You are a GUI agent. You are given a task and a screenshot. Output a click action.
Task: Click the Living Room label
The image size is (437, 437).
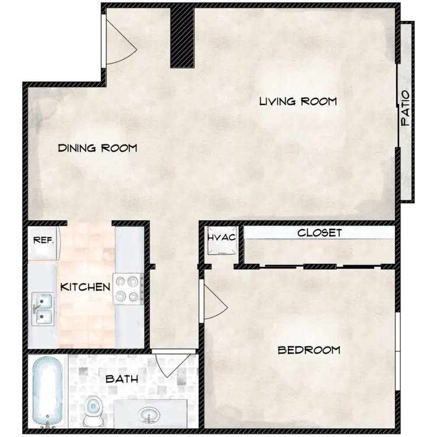pyautogui.click(x=298, y=101)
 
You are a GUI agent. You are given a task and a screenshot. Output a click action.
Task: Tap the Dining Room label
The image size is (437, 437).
pyautogui.click(x=97, y=148)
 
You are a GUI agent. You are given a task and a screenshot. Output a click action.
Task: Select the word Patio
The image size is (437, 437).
pyautogui.click(x=405, y=108)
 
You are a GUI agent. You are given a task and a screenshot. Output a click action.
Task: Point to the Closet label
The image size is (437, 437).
pyautogui.click(x=319, y=232)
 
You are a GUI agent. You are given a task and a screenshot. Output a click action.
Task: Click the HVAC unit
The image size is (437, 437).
pyautogui.click(x=222, y=240)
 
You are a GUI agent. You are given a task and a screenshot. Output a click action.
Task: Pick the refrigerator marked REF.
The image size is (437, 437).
pyautogui.click(x=44, y=243)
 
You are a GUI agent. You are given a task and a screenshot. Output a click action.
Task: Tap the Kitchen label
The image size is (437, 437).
pyautogui.click(x=85, y=287)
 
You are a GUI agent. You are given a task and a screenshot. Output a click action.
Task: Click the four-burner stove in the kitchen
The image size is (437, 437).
pyautogui.click(x=128, y=289)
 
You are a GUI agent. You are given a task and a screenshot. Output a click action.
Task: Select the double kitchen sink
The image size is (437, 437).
pyautogui.click(x=43, y=309)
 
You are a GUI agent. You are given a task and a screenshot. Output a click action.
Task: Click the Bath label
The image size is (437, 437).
pyautogui.click(x=122, y=379)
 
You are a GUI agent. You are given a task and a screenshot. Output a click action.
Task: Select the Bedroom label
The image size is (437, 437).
pyautogui.click(x=309, y=350)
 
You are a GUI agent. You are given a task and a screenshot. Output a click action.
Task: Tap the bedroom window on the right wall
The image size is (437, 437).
pyautogui.click(x=398, y=351)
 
